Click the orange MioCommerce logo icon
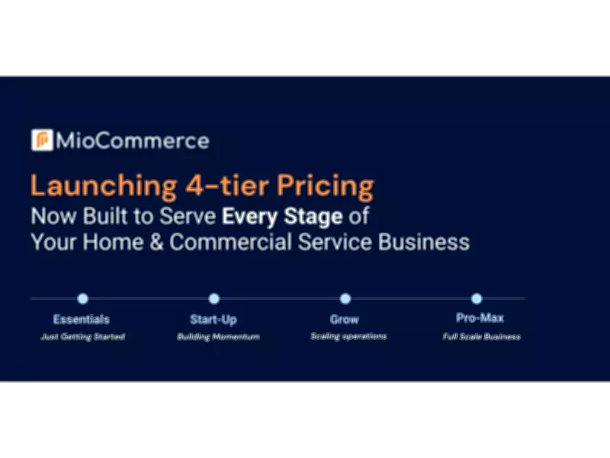tap(42, 140)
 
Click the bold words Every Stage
tap(282, 216)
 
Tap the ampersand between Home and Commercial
tap(156, 242)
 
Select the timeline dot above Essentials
tap(82, 298)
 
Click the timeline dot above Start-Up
tap(214, 298)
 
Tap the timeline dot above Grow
tap(345, 298)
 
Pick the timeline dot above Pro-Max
tap(477, 298)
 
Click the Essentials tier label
tap(82, 319)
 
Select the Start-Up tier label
tap(214, 319)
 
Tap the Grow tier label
tap(345, 319)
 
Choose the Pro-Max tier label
tap(477, 318)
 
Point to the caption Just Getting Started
tap(82, 337)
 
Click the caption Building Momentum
tap(218, 337)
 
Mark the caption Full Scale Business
tap(482, 337)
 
